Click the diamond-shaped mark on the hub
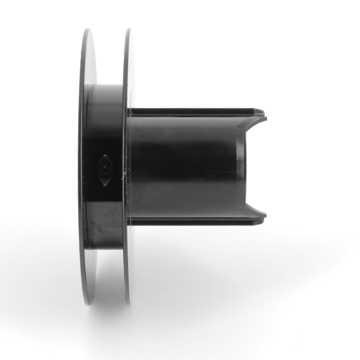(104, 170)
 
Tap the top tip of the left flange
(87, 31)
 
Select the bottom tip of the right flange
(128, 302)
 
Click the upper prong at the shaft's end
(261, 115)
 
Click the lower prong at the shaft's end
(260, 217)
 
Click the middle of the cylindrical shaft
(185, 166)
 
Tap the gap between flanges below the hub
(107, 273)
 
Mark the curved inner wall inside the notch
(243, 166)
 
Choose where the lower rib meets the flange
(133, 221)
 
